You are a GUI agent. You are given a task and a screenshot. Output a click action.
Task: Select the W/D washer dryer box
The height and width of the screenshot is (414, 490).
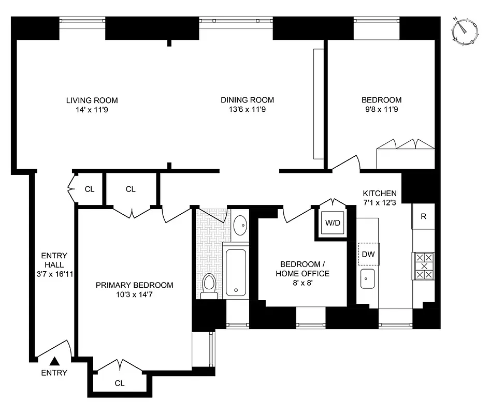332,224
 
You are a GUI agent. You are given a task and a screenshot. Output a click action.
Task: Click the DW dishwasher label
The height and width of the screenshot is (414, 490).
368,254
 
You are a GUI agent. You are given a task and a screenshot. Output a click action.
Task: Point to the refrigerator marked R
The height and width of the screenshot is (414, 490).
423,216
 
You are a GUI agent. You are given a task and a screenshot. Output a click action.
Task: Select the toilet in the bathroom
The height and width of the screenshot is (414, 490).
209,286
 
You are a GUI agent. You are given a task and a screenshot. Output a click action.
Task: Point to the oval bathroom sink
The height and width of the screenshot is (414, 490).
240,226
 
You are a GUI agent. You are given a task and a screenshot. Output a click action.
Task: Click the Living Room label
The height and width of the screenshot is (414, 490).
92,100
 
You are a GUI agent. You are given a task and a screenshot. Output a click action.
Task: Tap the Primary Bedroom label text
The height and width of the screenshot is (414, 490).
134,285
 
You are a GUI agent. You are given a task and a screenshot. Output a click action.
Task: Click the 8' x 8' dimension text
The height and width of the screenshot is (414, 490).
302,283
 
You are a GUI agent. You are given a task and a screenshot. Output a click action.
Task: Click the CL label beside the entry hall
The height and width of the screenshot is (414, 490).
90,189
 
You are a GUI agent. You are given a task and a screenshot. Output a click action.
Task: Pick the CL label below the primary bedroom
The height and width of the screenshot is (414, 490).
120,383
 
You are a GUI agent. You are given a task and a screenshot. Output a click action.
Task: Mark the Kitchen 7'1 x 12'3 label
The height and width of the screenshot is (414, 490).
380,198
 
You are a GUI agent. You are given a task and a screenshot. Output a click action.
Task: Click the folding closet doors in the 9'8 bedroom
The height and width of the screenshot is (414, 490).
406,144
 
